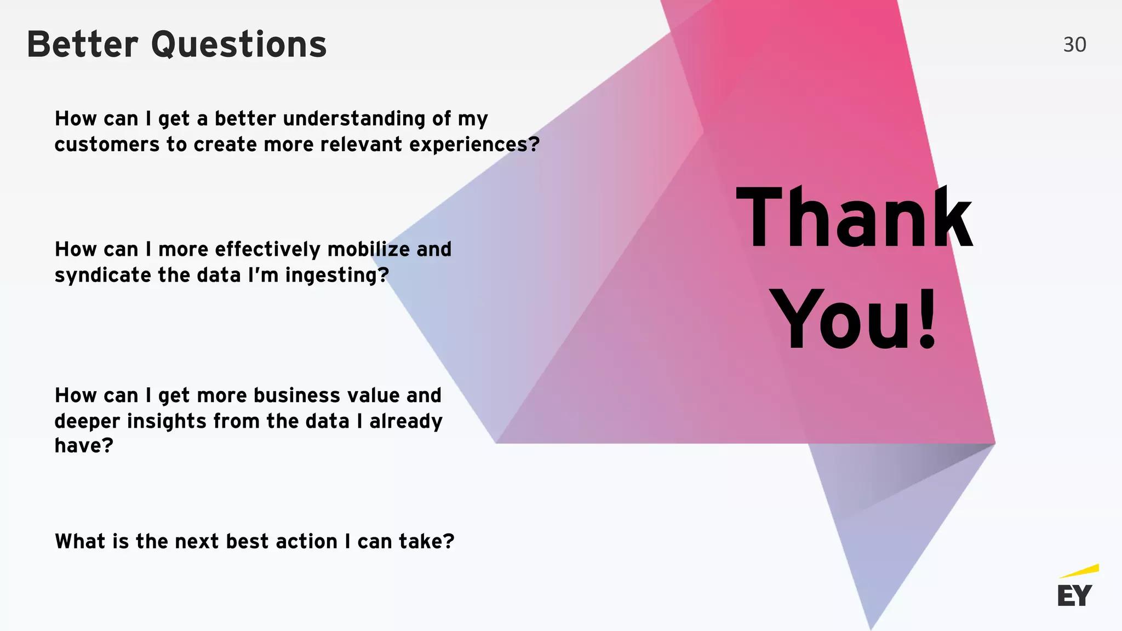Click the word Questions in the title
point(239,45)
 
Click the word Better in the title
point(82,45)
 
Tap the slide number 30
point(1074,45)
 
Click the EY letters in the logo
point(1074,596)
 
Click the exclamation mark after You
point(927,319)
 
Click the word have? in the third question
point(84,446)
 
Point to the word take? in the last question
point(426,542)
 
